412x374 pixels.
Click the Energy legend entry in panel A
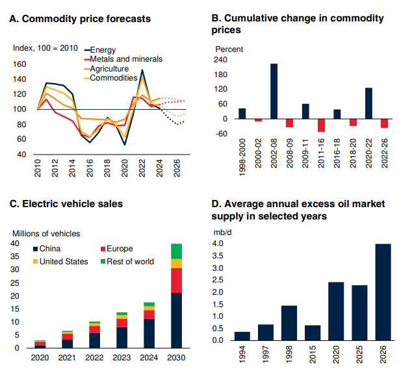pos(103,50)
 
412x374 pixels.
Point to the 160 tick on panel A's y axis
pos(19,64)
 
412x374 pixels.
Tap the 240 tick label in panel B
pos(221,60)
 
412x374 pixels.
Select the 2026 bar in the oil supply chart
pos(383,292)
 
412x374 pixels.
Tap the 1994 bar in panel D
pos(242,336)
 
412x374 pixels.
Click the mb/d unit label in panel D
pos(222,231)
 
